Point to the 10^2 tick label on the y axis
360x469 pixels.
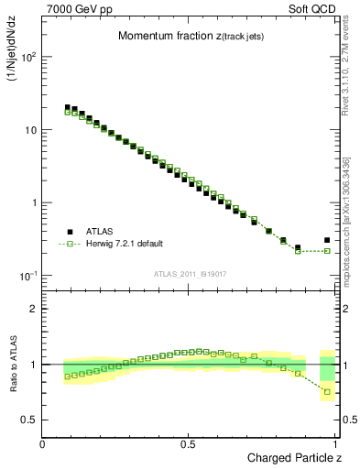[x=28, y=57]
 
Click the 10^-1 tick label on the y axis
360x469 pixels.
[x=28, y=276]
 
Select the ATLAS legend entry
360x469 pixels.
[x=101, y=232]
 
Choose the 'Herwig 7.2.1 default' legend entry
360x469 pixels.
[x=125, y=244]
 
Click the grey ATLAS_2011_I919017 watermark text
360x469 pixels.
[x=190, y=274]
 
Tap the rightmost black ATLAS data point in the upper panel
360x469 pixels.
[x=327, y=240]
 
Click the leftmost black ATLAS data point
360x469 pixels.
[x=68, y=107]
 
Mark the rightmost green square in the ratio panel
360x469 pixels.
[x=327, y=392]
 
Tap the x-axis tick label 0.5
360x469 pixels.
[x=188, y=443]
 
